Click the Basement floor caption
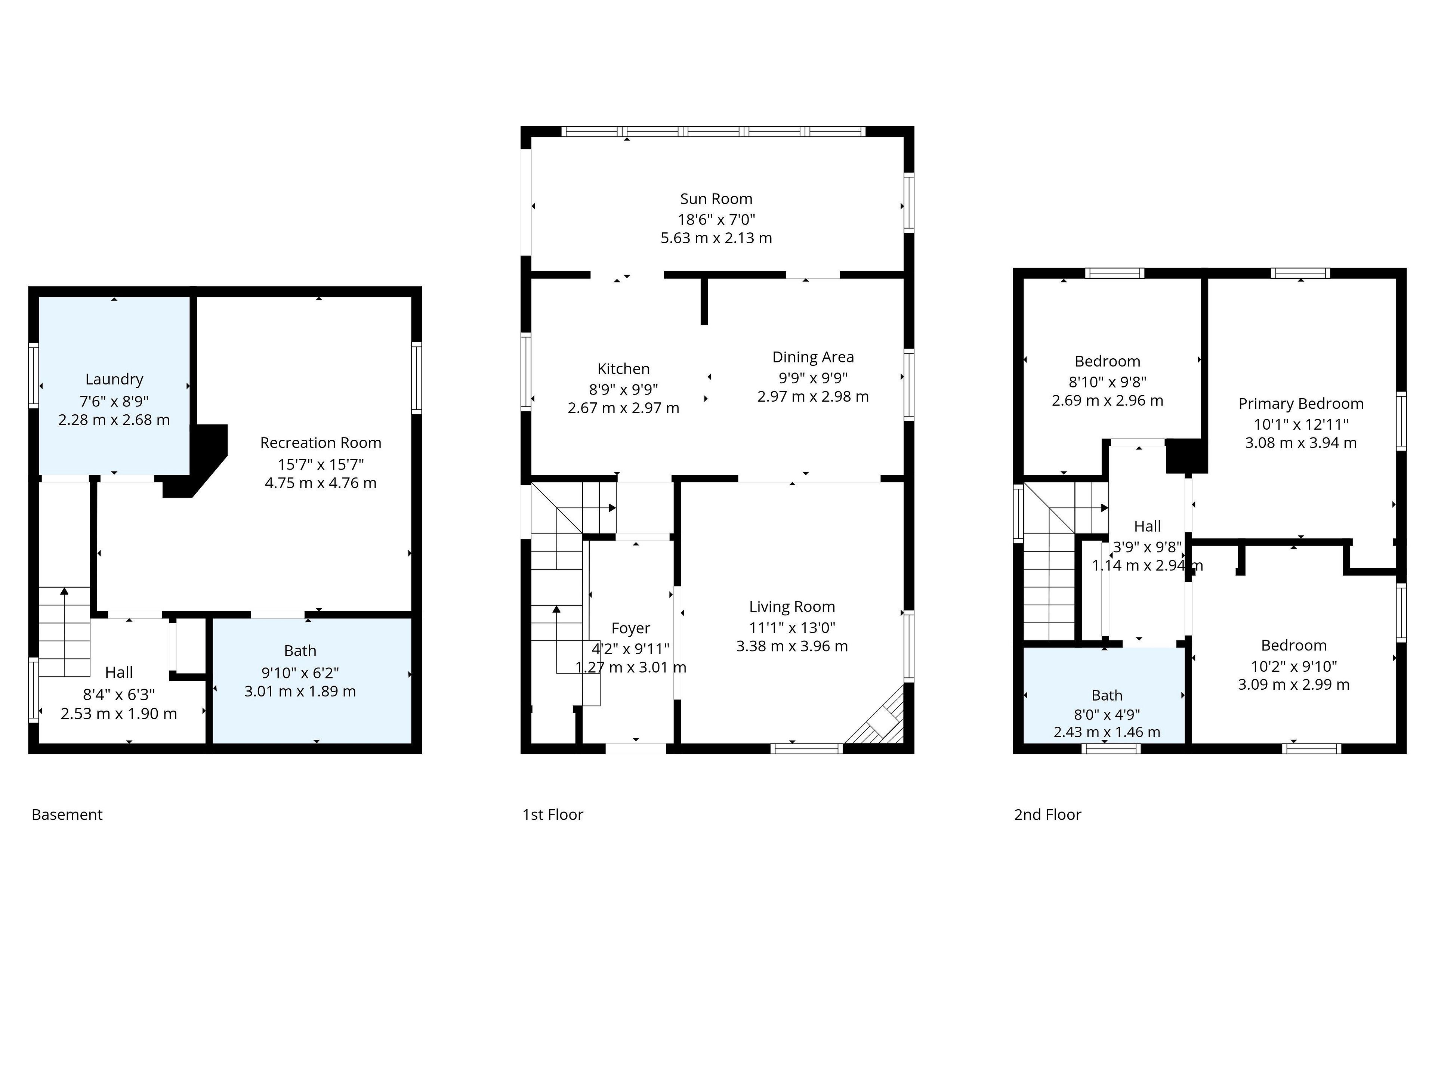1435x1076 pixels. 67,814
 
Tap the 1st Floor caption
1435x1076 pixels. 553,814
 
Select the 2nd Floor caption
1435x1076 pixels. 1048,814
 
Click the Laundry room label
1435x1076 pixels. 114,380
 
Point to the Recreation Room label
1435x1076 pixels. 321,443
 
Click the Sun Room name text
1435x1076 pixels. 716,199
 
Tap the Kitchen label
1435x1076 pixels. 623,369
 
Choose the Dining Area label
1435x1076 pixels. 813,358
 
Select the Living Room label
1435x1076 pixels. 792,607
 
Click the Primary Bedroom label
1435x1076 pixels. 1301,404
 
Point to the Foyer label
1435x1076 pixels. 630,628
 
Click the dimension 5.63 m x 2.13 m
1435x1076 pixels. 716,238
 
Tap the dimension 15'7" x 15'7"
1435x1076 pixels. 321,464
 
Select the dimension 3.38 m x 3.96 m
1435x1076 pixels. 792,646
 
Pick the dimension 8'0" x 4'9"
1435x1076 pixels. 1107,715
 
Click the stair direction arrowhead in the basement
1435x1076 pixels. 64,591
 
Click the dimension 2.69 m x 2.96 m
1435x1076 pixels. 1107,401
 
